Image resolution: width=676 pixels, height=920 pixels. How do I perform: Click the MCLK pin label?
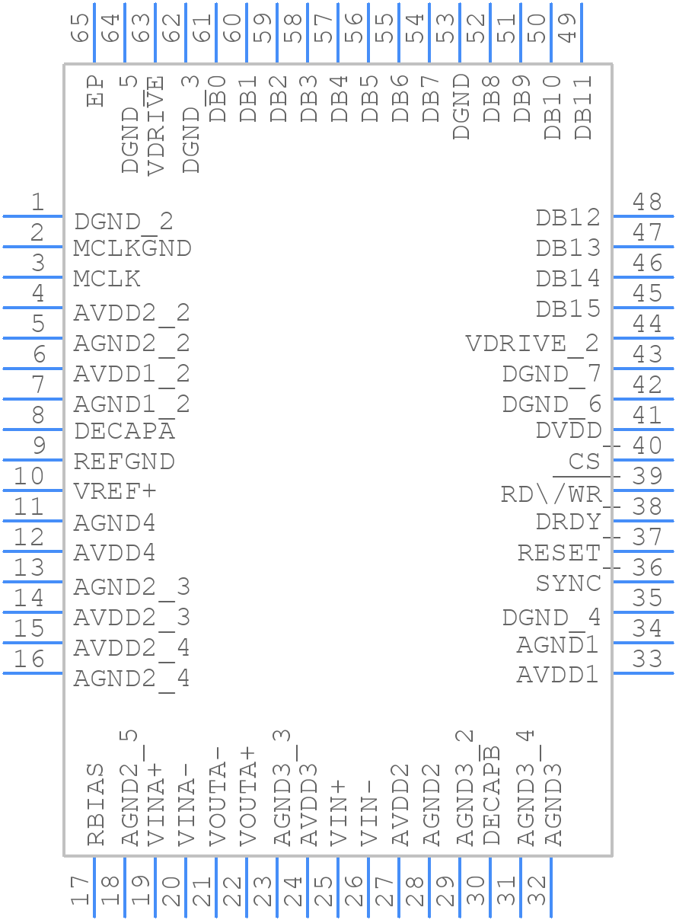[107, 279]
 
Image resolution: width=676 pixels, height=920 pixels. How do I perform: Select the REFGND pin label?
[124, 462]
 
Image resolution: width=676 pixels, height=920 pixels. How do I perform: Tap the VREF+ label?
[115, 492]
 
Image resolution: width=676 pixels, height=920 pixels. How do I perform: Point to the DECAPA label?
[124, 431]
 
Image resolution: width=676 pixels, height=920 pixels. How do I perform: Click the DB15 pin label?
[568, 309]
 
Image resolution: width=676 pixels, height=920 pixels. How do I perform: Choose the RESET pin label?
[559, 553]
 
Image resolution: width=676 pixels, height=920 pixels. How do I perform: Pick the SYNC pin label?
[568, 583]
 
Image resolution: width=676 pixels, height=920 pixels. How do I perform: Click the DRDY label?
[568, 522]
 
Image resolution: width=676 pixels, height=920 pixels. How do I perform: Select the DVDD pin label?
[568, 431]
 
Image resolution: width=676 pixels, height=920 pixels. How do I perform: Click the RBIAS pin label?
[95, 804]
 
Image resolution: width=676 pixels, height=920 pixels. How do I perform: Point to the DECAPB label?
[492, 795]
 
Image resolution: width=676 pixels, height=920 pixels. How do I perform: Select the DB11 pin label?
[583, 107]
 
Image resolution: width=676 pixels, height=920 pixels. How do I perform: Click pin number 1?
[37, 203]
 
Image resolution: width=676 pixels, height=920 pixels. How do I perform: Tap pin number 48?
[647, 203]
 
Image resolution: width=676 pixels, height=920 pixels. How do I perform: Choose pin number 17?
[80, 890]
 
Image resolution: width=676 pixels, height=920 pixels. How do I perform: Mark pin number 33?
[647, 660]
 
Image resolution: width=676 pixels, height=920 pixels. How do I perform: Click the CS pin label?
[584, 462]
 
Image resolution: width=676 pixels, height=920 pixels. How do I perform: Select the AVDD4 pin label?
[115, 553]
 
